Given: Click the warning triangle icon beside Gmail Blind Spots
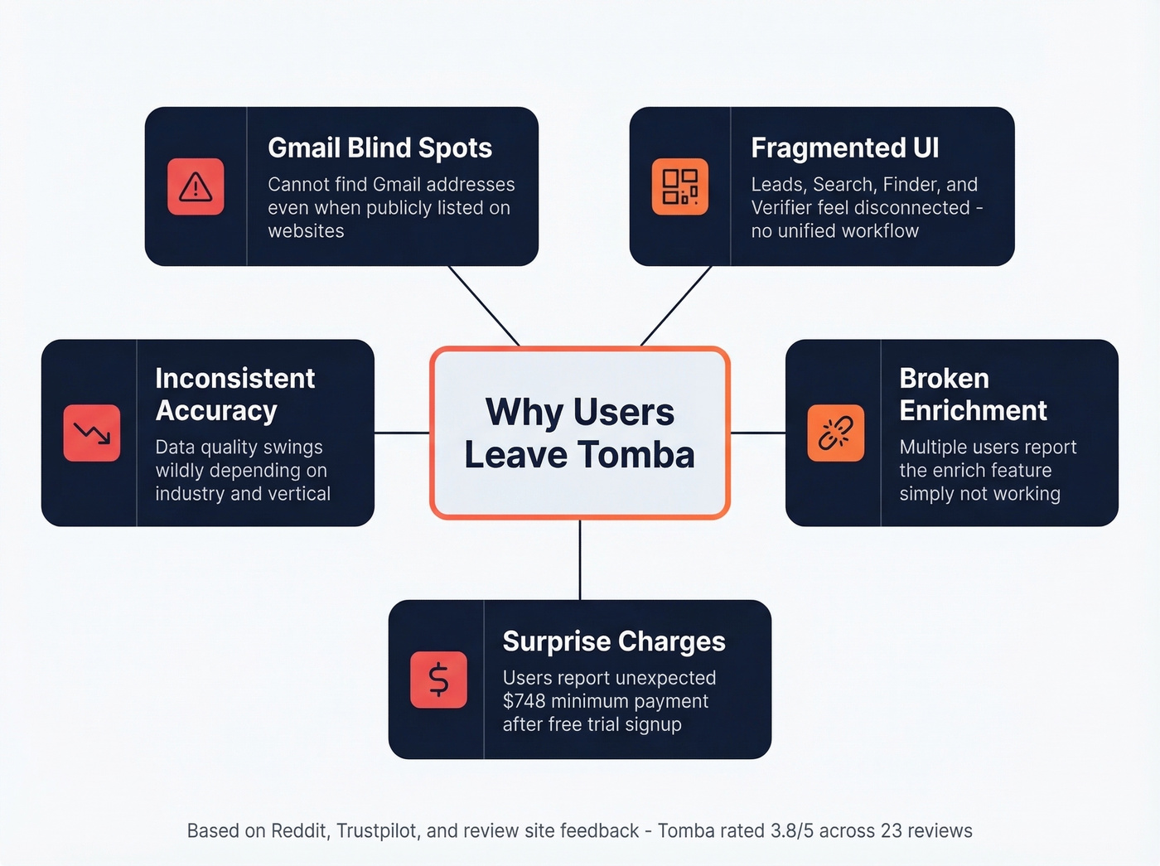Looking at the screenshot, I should click(x=196, y=186).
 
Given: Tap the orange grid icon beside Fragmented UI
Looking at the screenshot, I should click(x=679, y=186).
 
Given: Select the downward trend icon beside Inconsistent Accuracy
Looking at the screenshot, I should click(x=92, y=433).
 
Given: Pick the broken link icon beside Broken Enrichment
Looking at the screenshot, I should click(x=835, y=433).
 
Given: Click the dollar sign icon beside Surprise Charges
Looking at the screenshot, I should click(x=438, y=680).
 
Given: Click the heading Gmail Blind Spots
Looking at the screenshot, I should click(x=379, y=148).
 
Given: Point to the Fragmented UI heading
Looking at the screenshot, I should click(x=844, y=148).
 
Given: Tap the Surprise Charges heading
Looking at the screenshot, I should click(x=613, y=641).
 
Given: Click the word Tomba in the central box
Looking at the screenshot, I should click(x=636, y=454).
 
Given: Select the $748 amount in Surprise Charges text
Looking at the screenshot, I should click(x=524, y=701).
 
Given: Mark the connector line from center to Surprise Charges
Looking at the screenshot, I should click(x=580, y=559).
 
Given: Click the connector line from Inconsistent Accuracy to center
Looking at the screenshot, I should click(x=402, y=433).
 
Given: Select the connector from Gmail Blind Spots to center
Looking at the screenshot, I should click(x=484, y=306).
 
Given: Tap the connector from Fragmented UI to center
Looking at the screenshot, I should click(x=676, y=306).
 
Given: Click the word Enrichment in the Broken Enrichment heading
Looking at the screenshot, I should click(x=973, y=410).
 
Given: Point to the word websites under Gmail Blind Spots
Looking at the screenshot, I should click(x=306, y=230).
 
